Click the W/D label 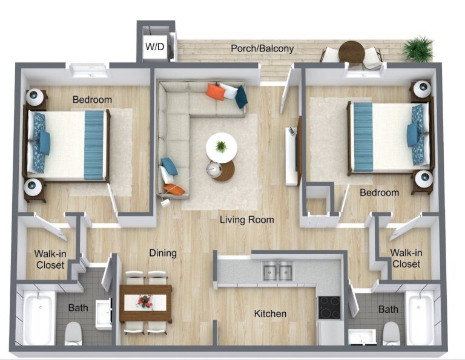point(155,47)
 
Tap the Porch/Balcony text point(262,48)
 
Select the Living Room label point(247,220)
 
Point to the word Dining point(163,253)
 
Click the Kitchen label point(270,313)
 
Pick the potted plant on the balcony point(418,49)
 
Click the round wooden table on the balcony point(351,52)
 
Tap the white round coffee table point(222,147)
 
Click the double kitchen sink point(278,271)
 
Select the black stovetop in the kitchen point(329,307)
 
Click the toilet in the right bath point(392,333)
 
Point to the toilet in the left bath point(73,333)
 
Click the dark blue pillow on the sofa point(242,97)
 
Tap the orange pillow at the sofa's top point(216,92)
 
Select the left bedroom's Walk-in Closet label point(50,259)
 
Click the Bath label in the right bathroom point(388,309)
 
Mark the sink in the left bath point(104,314)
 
